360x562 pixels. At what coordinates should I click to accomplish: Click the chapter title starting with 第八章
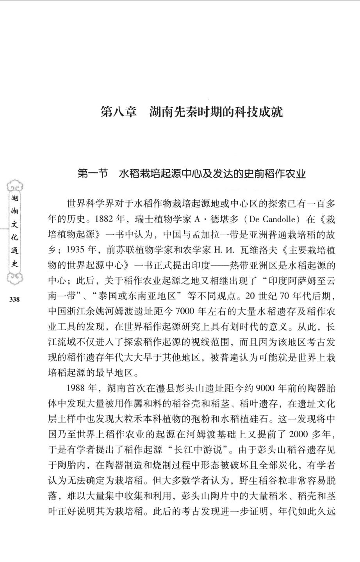tap(192, 112)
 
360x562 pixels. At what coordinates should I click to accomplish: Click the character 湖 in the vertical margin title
tap(14, 198)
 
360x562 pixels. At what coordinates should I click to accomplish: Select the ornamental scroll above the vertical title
tap(14, 186)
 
